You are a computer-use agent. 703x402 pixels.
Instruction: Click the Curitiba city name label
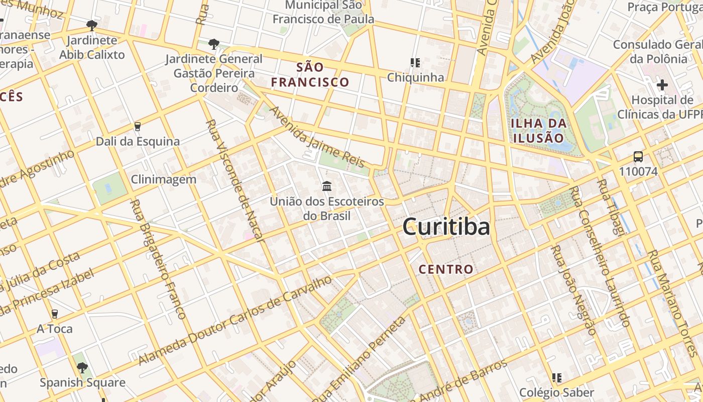click(446, 227)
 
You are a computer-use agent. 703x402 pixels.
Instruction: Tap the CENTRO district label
click(446, 269)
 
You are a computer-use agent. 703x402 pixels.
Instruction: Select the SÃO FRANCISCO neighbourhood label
click(310, 74)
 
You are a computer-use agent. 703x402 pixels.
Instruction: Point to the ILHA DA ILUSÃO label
click(538, 130)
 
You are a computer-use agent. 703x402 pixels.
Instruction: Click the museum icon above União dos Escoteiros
click(327, 186)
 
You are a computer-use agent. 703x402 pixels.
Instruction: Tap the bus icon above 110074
click(638, 156)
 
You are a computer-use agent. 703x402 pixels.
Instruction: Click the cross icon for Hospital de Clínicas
click(662, 84)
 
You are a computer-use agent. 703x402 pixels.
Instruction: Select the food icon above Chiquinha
click(415, 63)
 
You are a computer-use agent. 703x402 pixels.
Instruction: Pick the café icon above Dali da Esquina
click(137, 126)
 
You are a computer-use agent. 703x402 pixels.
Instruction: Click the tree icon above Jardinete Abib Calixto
click(91, 25)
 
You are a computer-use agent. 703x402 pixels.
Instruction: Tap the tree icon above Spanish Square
click(82, 367)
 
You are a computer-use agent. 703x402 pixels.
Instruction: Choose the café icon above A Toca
click(55, 314)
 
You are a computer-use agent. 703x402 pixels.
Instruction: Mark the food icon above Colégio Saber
click(556, 377)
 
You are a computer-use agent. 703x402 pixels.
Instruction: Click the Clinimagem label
click(164, 179)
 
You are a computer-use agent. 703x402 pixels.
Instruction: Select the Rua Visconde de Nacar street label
click(235, 180)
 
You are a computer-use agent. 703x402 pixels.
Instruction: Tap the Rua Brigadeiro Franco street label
click(158, 259)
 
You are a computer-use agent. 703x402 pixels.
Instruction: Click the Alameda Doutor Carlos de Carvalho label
click(235, 320)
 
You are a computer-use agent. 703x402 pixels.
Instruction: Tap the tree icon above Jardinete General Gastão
click(214, 44)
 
